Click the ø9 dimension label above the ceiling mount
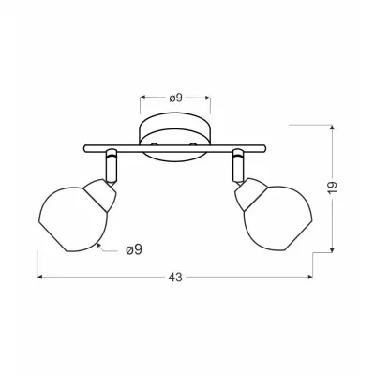pyautogui.click(x=175, y=97)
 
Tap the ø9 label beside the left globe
pyautogui.click(x=136, y=249)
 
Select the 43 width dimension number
pyautogui.click(x=175, y=277)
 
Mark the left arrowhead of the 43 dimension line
pyautogui.click(x=40, y=277)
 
